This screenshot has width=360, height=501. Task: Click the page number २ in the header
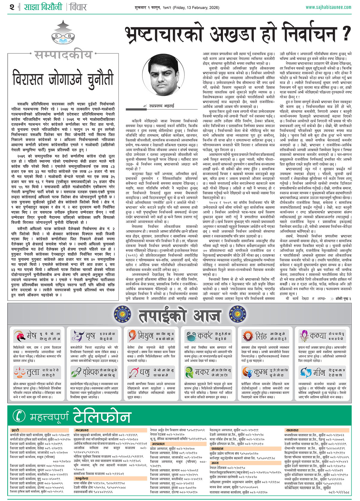pos(12,7)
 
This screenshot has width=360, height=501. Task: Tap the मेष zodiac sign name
pos(31,335)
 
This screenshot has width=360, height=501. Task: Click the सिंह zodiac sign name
pos(261,336)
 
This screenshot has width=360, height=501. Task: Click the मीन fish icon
pos(305,372)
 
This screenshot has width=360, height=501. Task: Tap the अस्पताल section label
pos(158,444)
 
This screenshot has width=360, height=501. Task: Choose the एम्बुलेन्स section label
pos(82,479)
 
